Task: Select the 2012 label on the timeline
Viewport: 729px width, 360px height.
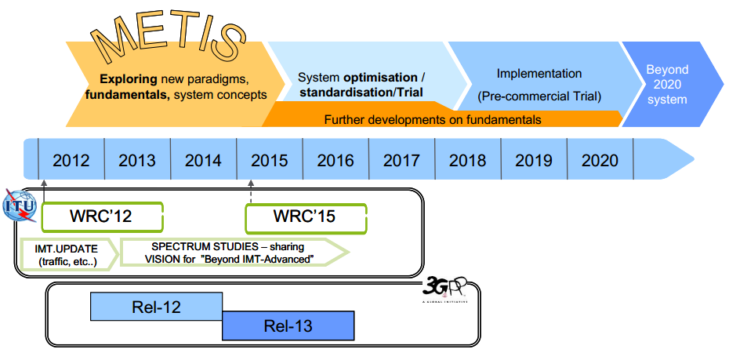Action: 71,161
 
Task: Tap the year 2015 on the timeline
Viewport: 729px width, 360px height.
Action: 270,161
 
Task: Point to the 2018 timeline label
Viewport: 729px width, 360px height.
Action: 468,161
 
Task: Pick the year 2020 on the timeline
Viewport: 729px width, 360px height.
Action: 600,161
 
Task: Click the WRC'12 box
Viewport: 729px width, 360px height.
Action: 102,216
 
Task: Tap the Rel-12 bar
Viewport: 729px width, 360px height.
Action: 156,307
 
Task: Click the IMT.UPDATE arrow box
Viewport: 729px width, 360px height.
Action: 66,253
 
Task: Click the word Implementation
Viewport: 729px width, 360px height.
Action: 539,74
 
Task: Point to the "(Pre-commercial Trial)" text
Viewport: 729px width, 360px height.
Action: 539,97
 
